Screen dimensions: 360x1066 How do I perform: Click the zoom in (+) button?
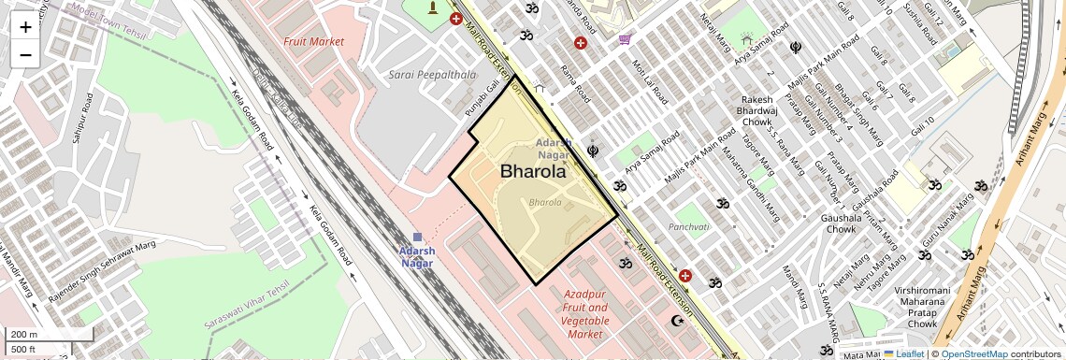(x=25, y=26)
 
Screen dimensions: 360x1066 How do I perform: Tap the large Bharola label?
(x=533, y=172)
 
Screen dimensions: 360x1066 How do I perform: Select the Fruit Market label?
(x=313, y=42)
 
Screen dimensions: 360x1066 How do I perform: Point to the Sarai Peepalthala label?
(x=432, y=74)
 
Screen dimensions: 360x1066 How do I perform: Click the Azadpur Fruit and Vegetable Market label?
(x=586, y=313)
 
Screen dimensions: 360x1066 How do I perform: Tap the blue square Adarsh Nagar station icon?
(x=417, y=238)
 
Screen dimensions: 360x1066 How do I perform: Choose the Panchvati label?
(x=689, y=227)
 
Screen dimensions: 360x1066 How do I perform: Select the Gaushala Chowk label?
(x=840, y=223)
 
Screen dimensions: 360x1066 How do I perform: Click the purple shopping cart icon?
(x=624, y=39)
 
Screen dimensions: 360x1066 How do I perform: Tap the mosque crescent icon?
(x=678, y=321)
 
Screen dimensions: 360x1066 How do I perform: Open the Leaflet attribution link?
(x=903, y=353)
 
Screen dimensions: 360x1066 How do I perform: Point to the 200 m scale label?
(x=24, y=334)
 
